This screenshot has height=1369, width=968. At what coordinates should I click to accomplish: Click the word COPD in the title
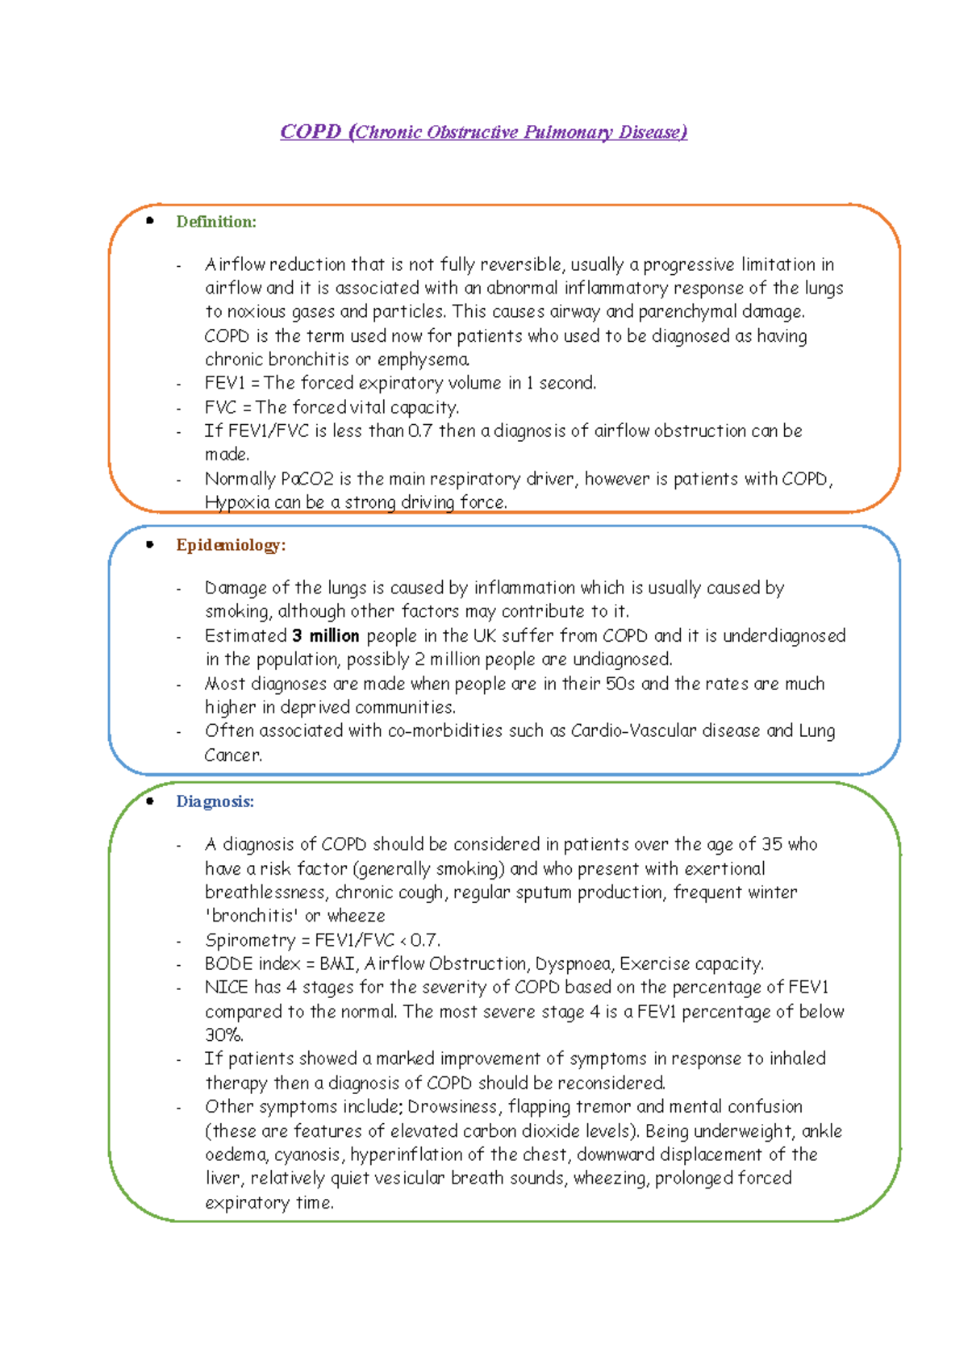pyautogui.click(x=311, y=131)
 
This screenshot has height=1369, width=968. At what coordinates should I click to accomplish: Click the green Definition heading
pyautogui.click(x=216, y=222)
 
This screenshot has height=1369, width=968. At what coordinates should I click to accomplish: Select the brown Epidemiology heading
pyautogui.click(x=231, y=545)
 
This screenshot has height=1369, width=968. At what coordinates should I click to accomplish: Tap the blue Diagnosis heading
pyautogui.click(x=215, y=801)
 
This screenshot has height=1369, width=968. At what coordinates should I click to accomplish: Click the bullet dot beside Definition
pyautogui.click(x=150, y=220)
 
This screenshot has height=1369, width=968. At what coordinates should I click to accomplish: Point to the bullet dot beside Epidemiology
pyautogui.click(x=150, y=544)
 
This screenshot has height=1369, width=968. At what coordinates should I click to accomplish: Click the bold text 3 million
pyautogui.click(x=326, y=635)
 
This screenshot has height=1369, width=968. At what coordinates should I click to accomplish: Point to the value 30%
pyautogui.click(x=223, y=1035)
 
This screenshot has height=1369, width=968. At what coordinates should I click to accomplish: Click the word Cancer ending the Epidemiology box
pyautogui.click(x=232, y=755)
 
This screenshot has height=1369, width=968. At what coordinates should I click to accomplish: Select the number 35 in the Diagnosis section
pyautogui.click(x=772, y=844)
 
